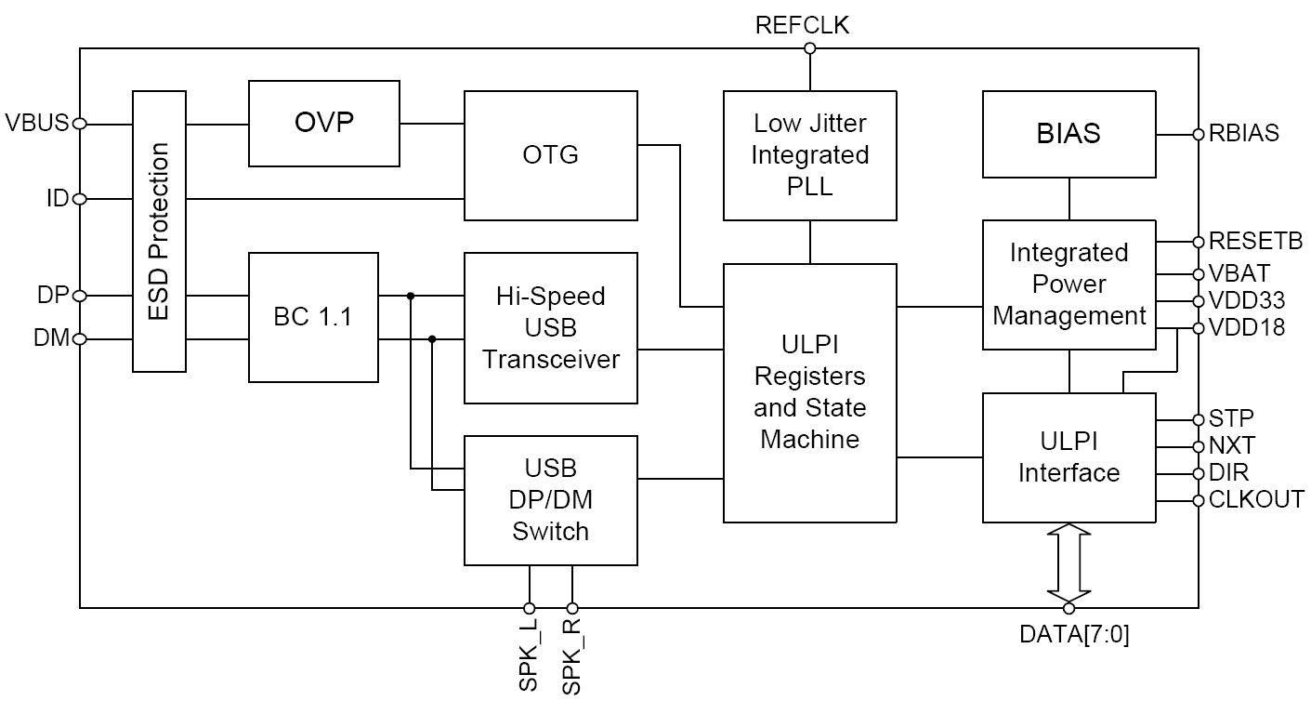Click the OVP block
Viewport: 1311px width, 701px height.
[x=323, y=122]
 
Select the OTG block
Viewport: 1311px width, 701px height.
[x=551, y=155]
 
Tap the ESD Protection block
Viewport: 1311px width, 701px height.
[x=160, y=231]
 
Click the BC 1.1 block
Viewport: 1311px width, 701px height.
[x=313, y=317]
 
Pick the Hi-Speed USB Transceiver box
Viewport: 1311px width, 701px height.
[x=551, y=328]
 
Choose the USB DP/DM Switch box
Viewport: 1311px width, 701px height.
[x=551, y=500]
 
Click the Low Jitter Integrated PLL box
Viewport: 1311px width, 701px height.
[x=810, y=155]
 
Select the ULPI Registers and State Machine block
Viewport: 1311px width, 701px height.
[x=810, y=392]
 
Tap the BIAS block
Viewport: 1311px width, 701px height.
[x=1068, y=134]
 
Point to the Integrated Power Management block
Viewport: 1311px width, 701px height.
[x=1068, y=284]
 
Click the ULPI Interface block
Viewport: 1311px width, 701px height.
[x=1068, y=457]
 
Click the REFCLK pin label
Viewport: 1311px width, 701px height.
[x=803, y=25]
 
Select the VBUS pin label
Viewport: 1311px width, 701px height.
[x=36, y=124]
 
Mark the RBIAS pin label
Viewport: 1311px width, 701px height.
[x=1244, y=134]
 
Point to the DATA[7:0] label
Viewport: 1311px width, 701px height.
[x=1074, y=636]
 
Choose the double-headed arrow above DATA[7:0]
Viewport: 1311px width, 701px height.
[x=1068, y=563]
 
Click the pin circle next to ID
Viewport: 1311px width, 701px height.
[x=80, y=199]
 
